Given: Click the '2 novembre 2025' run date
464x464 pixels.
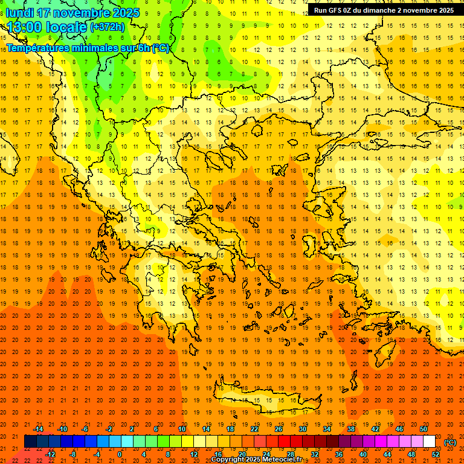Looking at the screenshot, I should pyautogui.click(x=425, y=10).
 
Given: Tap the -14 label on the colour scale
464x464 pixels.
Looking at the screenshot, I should pyautogui.click(x=39, y=429).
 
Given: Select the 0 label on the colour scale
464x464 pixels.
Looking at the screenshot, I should pyautogui.click(x=120, y=454).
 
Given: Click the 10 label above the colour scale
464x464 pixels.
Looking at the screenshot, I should pyautogui.click(x=181, y=429).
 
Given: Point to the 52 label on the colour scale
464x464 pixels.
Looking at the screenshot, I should pyautogui.click(x=436, y=454).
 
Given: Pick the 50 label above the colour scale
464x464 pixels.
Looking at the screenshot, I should pyautogui.click(x=424, y=429).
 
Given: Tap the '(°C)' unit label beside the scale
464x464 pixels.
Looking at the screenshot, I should pyautogui.click(x=450, y=442).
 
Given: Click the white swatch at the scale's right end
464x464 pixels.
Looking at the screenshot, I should pyautogui.click(x=429, y=442).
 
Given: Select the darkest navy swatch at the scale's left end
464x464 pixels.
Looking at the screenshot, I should pyautogui.click(x=30, y=442).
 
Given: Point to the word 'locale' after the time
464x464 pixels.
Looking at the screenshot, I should pyautogui.click(x=68, y=27).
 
